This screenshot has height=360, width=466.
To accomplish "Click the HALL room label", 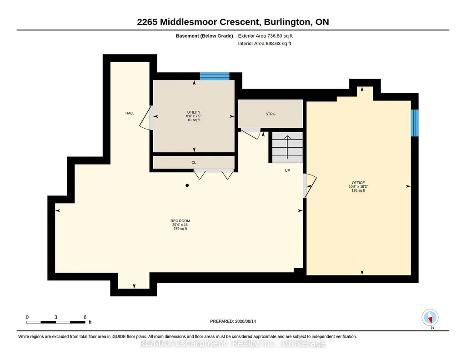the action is tap(130, 113).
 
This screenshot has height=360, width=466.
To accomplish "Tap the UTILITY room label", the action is tap(194, 112).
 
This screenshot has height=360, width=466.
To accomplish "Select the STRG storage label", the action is tap(271, 114).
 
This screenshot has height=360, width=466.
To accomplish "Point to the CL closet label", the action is tap(194, 162).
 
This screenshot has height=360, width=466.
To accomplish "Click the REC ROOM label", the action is tap(180, 221).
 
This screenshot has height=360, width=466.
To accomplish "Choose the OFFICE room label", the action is tap(358, 183).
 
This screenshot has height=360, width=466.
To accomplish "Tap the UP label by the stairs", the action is tap(287, 170).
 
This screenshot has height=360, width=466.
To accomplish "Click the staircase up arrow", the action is tap(287, 147).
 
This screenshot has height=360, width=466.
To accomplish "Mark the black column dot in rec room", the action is tap(187, 185).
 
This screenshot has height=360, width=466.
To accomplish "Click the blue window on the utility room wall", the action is tap(215, 76).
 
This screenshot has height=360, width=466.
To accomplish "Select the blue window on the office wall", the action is tap(415, 123).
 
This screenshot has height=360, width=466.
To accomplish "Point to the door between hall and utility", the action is tap(146, 118).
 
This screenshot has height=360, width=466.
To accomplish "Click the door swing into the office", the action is tap(310, 186).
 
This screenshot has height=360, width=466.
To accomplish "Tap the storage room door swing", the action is tap(251, 133).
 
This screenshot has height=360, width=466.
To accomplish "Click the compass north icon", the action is tap(430, 318).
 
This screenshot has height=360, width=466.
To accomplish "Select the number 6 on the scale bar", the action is tap(85, 317).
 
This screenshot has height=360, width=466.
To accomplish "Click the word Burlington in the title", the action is tap(287, 22).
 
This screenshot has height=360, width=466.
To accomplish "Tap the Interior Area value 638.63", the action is tap(273, 44).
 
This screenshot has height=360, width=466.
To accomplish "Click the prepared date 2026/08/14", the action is tap(246, 321).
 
